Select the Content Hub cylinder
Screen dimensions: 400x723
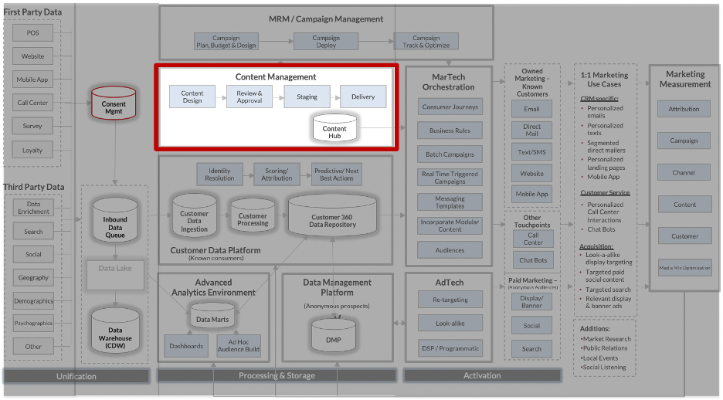point(334,129)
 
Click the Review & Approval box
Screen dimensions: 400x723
point(249,97)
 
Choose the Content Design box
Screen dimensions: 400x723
point(192,97)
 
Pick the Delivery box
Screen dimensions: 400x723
point(363,97)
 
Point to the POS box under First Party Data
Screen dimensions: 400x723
point(33,33)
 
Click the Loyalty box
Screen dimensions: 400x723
point(33,151)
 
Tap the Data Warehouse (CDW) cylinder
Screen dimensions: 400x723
point(115,332)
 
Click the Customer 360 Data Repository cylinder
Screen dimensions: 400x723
point(332,217)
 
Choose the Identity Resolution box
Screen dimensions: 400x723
point(219,175)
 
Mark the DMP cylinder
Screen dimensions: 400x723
point(333,337)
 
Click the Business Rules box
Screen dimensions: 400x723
point(450,131)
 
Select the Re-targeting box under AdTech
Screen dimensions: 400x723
point(450,300)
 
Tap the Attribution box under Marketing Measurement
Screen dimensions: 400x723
point(684,110)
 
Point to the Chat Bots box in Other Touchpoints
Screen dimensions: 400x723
point(533,260)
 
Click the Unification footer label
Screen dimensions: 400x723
point(76,376)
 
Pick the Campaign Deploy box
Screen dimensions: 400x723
point(326,42)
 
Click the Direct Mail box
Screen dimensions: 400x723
point(532,131)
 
